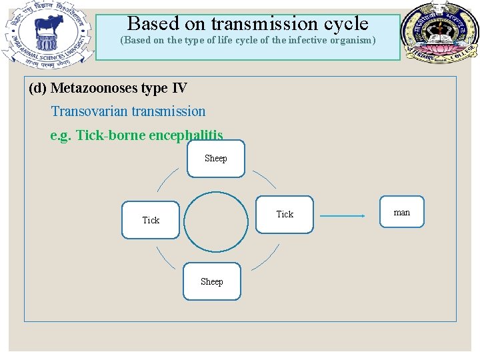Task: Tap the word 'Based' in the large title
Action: pyautogui.click(x=152, y=23)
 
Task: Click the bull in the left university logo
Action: pyautogui.click(x=47, y=28)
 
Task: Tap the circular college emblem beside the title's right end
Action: pyautogui.click(x=438, y=31)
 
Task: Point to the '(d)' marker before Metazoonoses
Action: pyautogui.click(x=38, y=88)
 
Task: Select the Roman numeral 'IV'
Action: pyautogui.click(x=179, y=88)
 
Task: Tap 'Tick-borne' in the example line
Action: pyautogui.click(x=111, y=135)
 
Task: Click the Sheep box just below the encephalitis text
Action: pyautogui.click(x=215, y=159)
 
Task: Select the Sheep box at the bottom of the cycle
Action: pyautogui.click(x=212, y=282)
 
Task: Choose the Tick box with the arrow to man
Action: pyautogui.click(x=285, y=214)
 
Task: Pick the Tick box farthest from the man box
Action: pyautogui.click(x=151, y=220)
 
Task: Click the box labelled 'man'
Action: pyautogui.click(x=401, y=213)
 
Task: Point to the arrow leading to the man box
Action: pyautogui.click(x=342, y=216)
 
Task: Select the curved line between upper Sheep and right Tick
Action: pyautogui.click(x=265, y=178)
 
